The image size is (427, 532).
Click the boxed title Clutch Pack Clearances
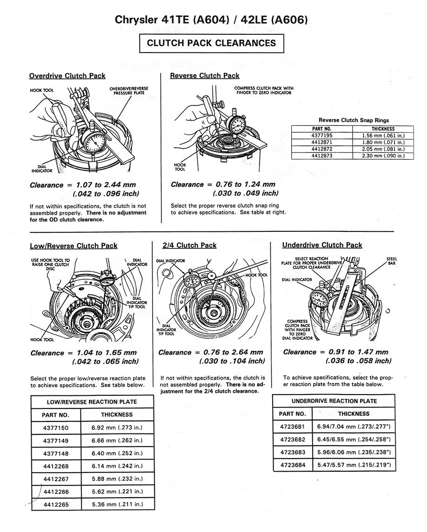point(211,43)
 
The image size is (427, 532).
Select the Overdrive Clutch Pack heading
point(67,76)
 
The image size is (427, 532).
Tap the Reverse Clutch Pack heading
point(205,75)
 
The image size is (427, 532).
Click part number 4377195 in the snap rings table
point(321,135)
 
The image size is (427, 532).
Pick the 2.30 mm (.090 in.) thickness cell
point(383,156)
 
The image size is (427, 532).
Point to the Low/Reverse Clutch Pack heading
point(74,245)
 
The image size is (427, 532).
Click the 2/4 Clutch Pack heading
point(189,245)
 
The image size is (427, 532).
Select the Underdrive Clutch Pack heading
point(322,245)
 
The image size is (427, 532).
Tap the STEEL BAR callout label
point(391,261)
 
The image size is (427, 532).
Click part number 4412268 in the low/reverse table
point(56,466)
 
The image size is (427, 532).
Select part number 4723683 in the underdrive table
point(293,452)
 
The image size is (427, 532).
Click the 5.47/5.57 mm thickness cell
point(354,465)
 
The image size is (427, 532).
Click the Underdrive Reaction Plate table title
point(334,401)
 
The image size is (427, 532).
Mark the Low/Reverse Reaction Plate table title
point(92,402)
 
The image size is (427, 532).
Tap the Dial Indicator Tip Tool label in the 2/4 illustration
point(166,329)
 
